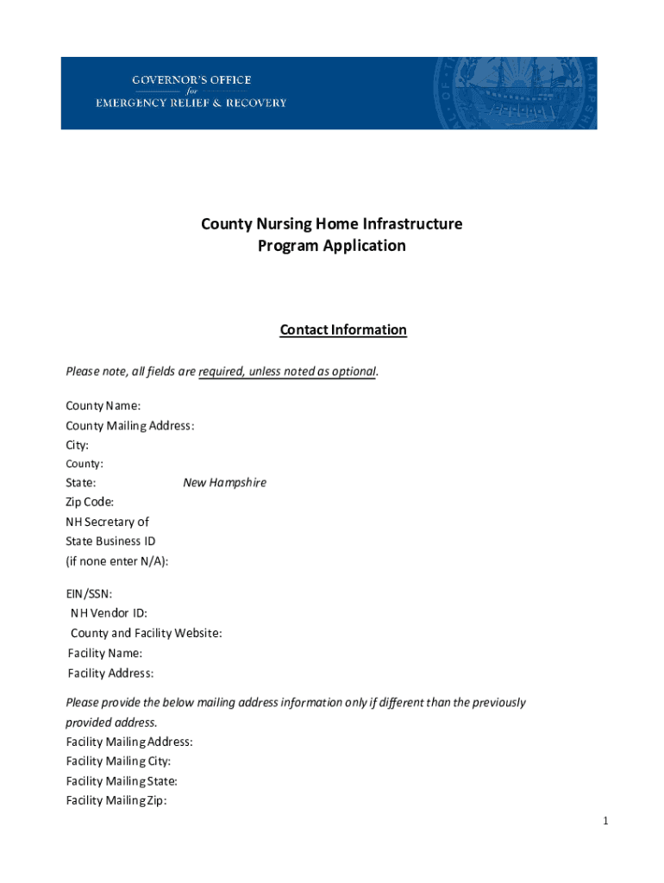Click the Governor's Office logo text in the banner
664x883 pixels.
click(x=191, y=91)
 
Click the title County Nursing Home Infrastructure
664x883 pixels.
click(x=332, y=224)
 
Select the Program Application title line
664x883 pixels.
click(x=332, y=246)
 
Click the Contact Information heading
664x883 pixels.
click(x=343, y=329)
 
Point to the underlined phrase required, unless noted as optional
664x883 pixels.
click(x=287, y=372)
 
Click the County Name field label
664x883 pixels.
click(x=103, y=405)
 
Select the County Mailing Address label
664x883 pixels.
click(x=130, y=425)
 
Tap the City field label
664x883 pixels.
click(x=78, y=445)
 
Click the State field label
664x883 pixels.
click(x=81, y=483)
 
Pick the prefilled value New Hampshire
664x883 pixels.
click(x=224, y=483)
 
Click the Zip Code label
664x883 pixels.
click(x=90, y=502)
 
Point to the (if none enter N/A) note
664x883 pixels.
click(x=117, y=561)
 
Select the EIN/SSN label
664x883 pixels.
click(x=89, y=594)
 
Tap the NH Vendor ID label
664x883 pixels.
click(x=109, y=613)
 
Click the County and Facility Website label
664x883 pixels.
click(x=146, y=633)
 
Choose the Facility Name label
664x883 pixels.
click(x=105, y=654)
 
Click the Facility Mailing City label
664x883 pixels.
click(x=118, y=761)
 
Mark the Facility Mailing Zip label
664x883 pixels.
click(x=116, y=800)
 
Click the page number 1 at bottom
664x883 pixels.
click(x=606, y=822)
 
